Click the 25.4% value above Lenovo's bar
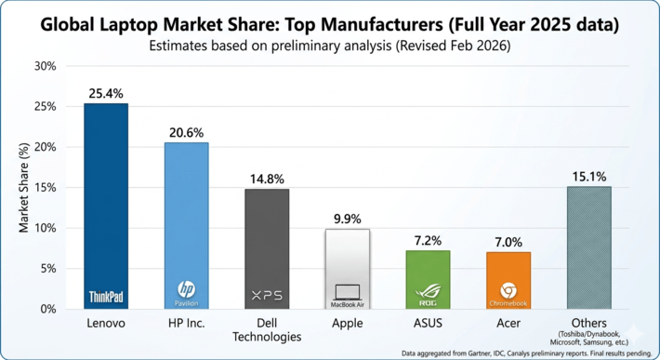106,93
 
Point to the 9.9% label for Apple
348,219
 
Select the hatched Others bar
588,247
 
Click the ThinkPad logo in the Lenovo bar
106,297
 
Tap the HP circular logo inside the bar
187,288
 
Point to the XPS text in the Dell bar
267,296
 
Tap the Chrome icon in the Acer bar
508,290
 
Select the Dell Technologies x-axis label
267,330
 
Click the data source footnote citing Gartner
526,353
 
